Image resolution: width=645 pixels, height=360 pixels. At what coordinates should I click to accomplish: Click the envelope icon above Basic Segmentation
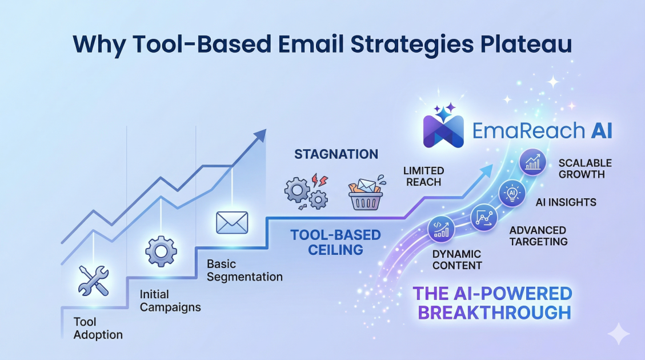pos(232,222)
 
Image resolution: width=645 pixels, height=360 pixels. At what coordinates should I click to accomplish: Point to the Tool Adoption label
pos(98,328)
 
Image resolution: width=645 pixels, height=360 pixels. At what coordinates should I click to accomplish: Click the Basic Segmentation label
pos(245,271)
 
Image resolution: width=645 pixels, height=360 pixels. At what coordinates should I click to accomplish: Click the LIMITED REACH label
pos(423,177)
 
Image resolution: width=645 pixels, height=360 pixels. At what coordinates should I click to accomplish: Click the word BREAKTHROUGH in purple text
pos(494,313)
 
